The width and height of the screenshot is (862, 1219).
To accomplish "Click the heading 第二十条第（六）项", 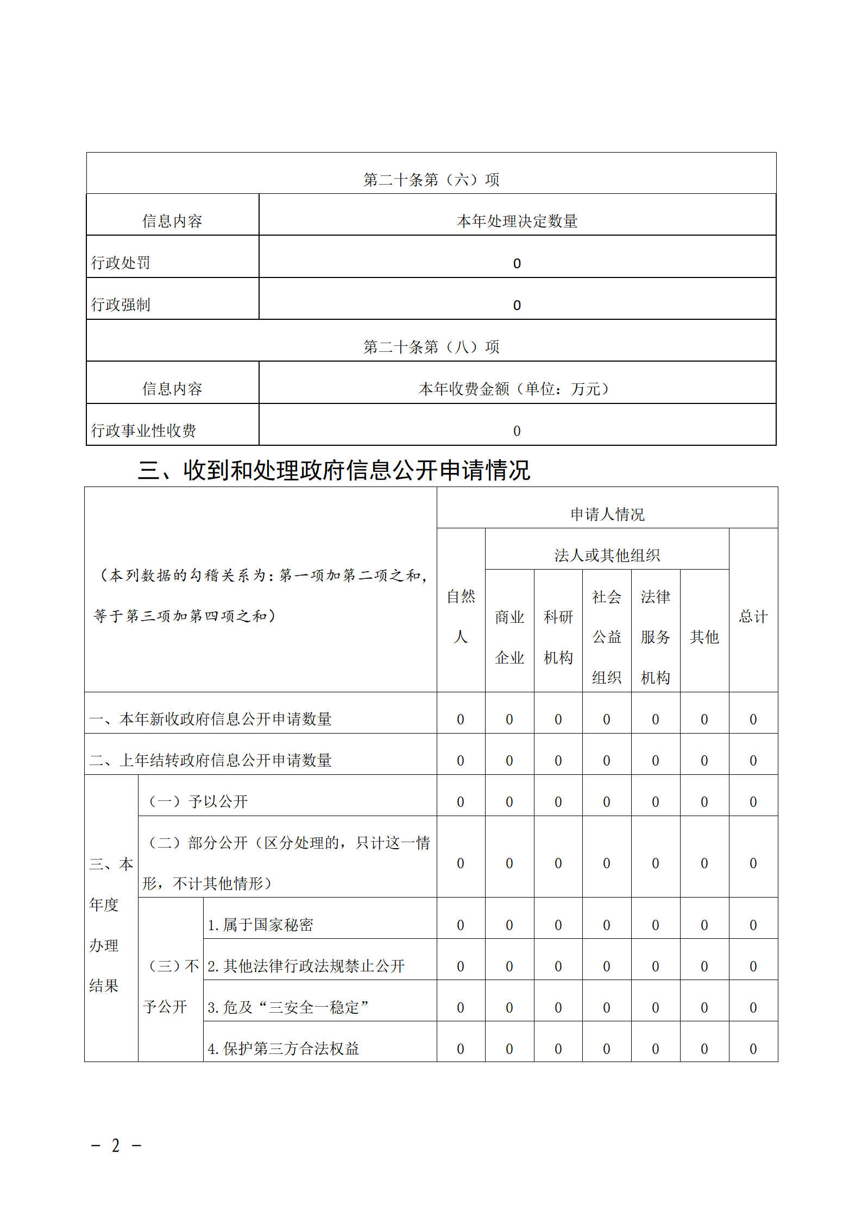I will pyautogui.click(x=431, y=180).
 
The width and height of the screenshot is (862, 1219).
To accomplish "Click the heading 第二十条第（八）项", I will pyautogui.click(x=431, y=347).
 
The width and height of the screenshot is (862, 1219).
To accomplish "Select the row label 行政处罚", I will pyautogui.click(x=121, y=263).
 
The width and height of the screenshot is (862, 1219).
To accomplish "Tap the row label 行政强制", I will pyautogui.click(x=121, y=305).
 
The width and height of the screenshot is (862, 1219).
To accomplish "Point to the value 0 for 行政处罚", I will pyautogui.click(x=517, y=264).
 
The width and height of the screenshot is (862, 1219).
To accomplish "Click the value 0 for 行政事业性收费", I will pyautogui.click(x=517, y=431).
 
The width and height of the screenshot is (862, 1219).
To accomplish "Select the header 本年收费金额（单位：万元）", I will pyautogui.click(x=514, y=389).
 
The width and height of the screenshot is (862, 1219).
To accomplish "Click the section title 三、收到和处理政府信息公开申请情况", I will pyautogui.click(x=334, y=470).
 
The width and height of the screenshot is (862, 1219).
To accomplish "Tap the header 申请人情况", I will pyautogui.click(x=607, y=514).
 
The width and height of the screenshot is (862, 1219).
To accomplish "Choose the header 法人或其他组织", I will pyautogui.click(x=607, y=555).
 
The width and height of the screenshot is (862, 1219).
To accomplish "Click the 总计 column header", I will pyautogui.click(x=753, y=616).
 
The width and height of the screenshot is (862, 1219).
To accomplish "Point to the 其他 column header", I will pyautogui.click(x=704, y=637).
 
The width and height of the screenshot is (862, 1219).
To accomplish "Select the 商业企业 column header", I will pyautogui.click(x=509, y=637).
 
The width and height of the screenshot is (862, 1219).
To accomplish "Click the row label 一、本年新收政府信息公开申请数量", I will pyautogui.click(x=211, y=719).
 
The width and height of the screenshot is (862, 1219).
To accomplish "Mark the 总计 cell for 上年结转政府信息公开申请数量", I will pyautogui.click(x=753, y=761).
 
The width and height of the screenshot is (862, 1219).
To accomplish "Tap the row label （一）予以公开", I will pyautogui.click(x=198, y=802).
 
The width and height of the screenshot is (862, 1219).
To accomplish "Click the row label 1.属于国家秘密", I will pyautogui.click(x=261, y=925).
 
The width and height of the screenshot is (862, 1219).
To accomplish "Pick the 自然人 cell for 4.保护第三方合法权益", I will pyautogui.click(x=461, y=1049).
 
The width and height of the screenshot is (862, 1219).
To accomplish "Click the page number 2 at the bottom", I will pyautogui.click(x=116, y=1146).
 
